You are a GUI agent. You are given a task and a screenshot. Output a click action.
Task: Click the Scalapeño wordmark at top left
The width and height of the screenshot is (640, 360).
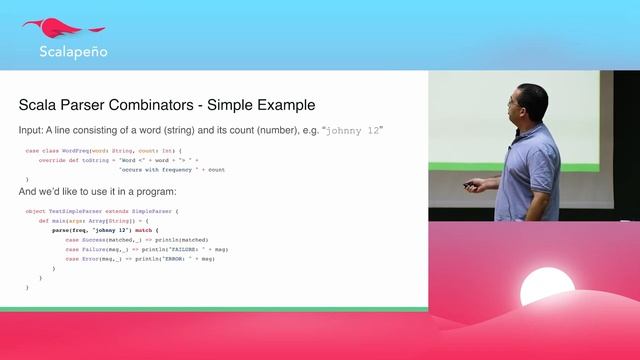pos(72,52)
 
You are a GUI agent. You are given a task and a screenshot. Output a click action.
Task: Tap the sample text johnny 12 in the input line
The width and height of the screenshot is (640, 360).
pos(353,130)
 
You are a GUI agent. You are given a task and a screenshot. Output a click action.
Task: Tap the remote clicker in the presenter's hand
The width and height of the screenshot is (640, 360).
pos(469,185)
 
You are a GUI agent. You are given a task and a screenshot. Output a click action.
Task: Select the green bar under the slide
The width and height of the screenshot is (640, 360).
pos(214,309)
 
